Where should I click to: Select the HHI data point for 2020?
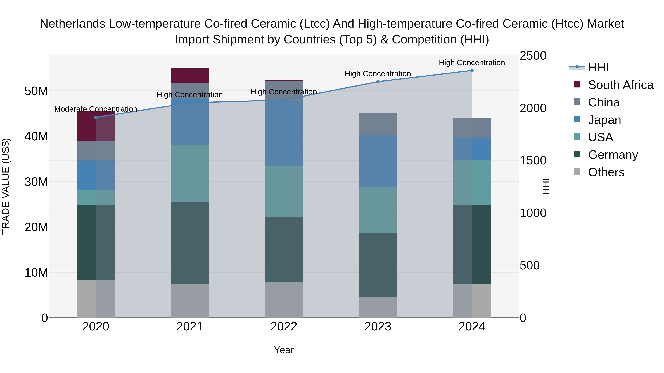(x=96, y=117)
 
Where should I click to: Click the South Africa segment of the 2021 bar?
(x=190, y=76)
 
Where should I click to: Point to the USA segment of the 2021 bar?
(x=190, y=173)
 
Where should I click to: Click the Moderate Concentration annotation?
(x=96, y=109)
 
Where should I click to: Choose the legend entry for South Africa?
(x=620, y=85)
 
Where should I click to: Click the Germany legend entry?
(x=613, y=155)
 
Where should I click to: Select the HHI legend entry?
(x=598, y=67)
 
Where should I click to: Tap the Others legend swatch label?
(x=606, y=172)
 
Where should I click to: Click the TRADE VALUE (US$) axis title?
(x=6, y=186)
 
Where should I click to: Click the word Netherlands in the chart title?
(x=72, y=24)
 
